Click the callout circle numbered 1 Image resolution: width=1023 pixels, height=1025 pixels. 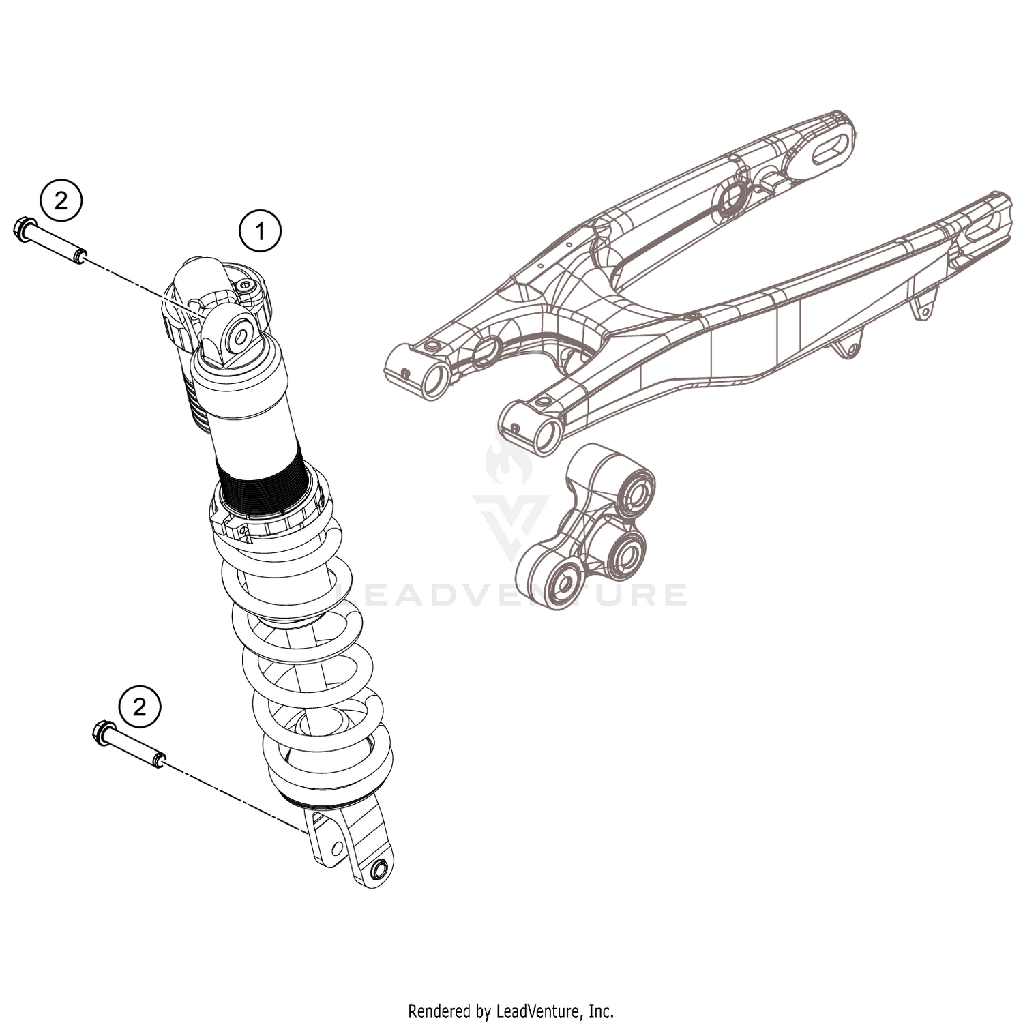tap(260, 231)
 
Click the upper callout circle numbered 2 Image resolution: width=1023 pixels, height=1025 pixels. tap(61, 201)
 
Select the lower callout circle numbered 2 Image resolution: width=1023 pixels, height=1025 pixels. tap(140, 707)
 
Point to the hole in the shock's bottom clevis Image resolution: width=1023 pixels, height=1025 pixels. tap(379, 870)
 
